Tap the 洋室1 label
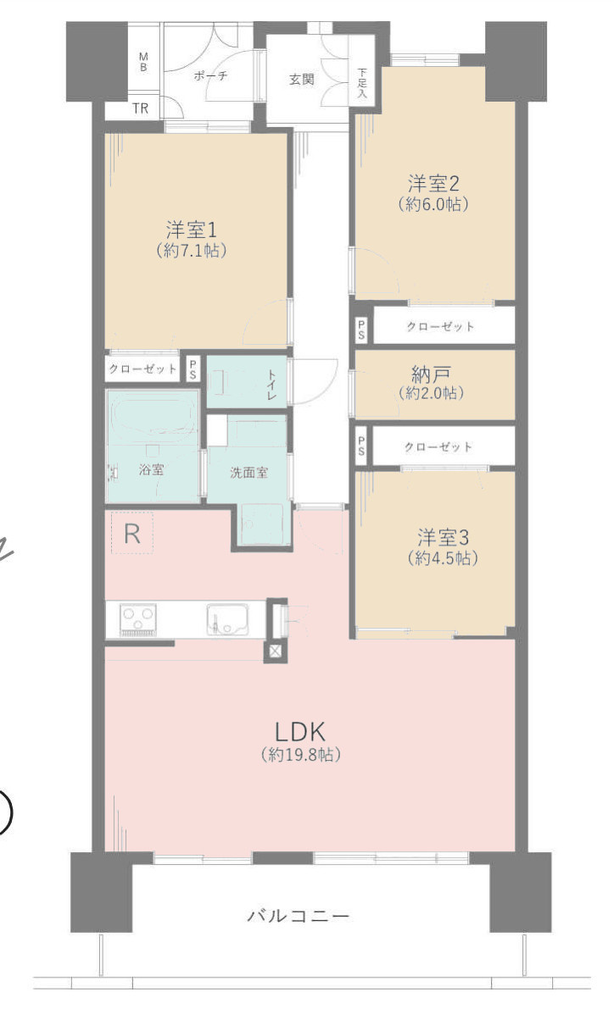[191, 230]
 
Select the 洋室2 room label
[433, 184]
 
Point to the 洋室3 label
[443, 537]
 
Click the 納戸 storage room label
[431, 374]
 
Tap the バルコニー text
[299, 916]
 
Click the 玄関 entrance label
[301, 80]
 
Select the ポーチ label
[210, 75]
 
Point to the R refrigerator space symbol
[132, 534]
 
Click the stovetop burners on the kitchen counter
[138, 620]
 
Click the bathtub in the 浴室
[152, 415]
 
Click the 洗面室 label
[248, 473]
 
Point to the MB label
[143, 62]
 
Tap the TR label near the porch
[141, 108]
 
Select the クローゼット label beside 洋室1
[142, 368]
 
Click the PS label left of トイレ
[193, 368]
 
